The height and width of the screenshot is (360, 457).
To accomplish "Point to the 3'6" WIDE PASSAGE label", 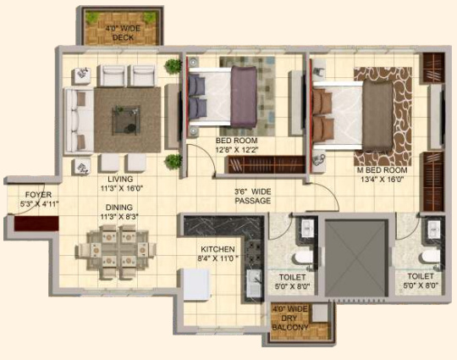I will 253,197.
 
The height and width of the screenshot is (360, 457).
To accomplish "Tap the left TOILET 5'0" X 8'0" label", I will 291,281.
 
